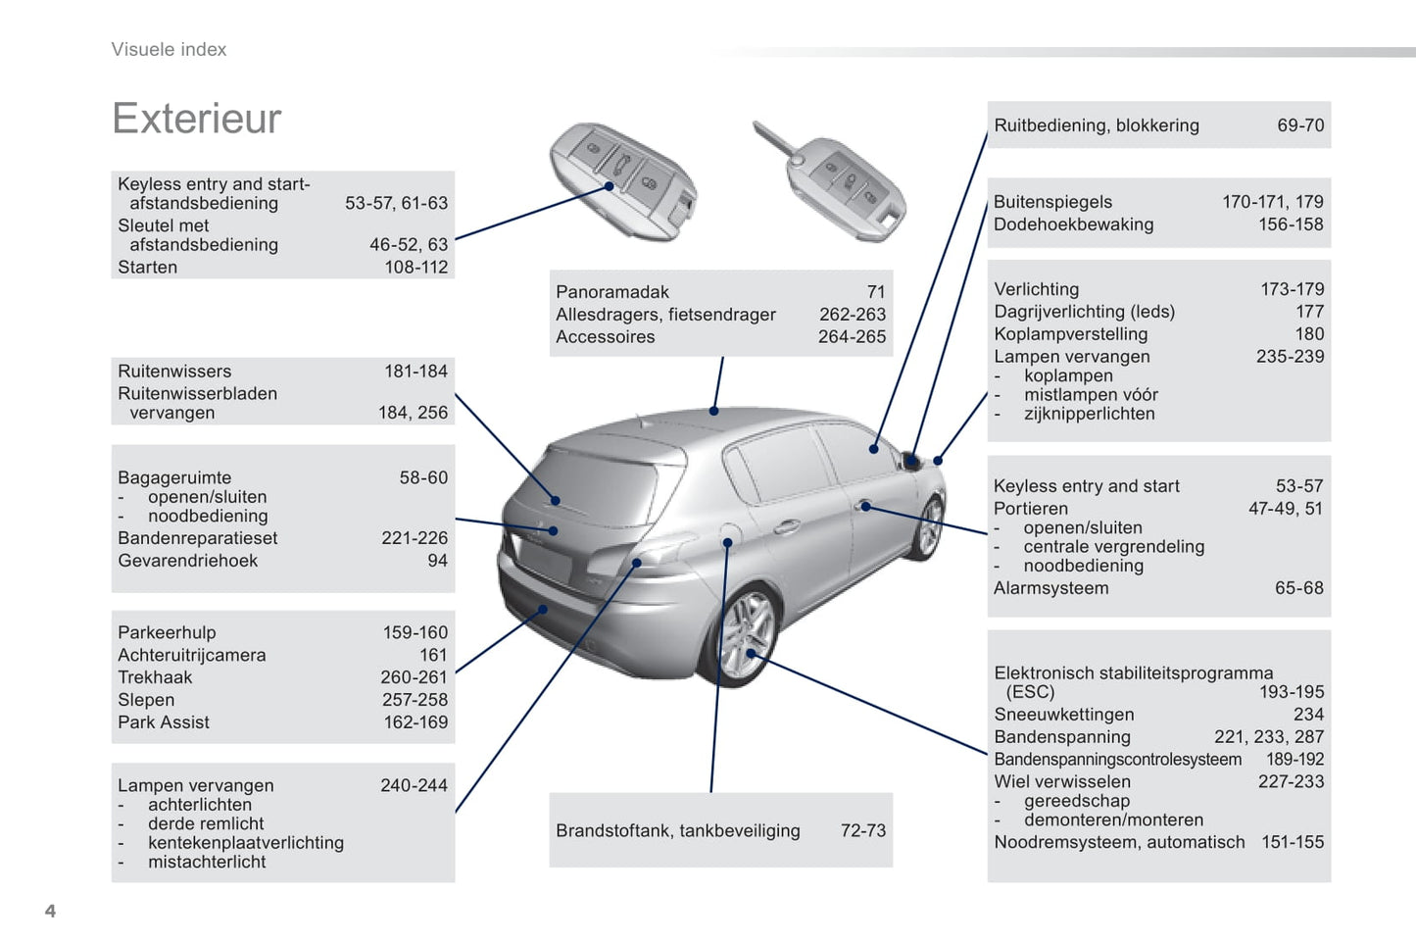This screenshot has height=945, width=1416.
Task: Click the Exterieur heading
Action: tap(197, 119)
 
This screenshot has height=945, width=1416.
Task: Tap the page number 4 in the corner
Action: tap(51, 911)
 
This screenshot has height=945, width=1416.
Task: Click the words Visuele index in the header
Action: tap(169, 49)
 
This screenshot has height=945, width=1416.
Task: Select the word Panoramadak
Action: tap(611, 291)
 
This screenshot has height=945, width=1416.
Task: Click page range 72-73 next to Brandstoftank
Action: tap(863, 830)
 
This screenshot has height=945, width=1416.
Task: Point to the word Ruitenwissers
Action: tap(174, 371)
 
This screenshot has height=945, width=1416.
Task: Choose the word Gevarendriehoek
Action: tap(188, 561)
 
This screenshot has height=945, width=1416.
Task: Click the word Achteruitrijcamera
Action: tap(191, 655)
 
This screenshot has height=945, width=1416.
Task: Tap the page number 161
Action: tap(433, 655)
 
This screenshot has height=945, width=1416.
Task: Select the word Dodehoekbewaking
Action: tap(1073, 224)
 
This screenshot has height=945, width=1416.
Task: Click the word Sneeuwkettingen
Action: tap(1064, 714)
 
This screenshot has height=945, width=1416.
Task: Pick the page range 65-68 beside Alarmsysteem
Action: tap(1299, 587)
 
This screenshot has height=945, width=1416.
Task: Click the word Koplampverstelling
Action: tap(1071, 333)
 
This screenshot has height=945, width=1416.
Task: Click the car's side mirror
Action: tap(910, 460)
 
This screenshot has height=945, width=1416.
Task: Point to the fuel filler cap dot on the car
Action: tap(727, 543)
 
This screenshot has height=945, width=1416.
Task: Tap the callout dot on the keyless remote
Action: tap(609, 186)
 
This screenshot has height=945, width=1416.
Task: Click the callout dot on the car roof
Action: tap(713, 411)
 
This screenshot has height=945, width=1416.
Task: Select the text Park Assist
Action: tap(163, 721)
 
